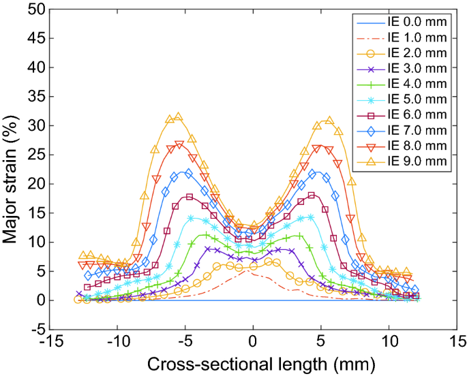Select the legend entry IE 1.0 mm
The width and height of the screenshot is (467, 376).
tap(415, 38)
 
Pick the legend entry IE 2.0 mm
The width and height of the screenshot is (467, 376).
tap(415, 53)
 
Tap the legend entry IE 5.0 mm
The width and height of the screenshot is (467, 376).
tap(415, 99)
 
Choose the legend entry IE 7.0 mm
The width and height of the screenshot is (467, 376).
tap(415, 130)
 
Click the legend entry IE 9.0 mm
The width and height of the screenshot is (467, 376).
tap(415, 161)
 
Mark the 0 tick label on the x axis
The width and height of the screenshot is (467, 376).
tap(253, 341)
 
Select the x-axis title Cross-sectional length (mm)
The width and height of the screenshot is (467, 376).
tap(253, 362)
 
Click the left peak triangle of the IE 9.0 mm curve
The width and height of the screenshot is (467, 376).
tap(179, 116)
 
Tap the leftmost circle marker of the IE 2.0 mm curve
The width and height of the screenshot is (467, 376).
tap(78, 299)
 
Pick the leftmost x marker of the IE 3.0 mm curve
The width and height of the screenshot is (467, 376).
tap(79, 294)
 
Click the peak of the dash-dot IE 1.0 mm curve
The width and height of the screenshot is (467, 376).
tap(252, 272)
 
